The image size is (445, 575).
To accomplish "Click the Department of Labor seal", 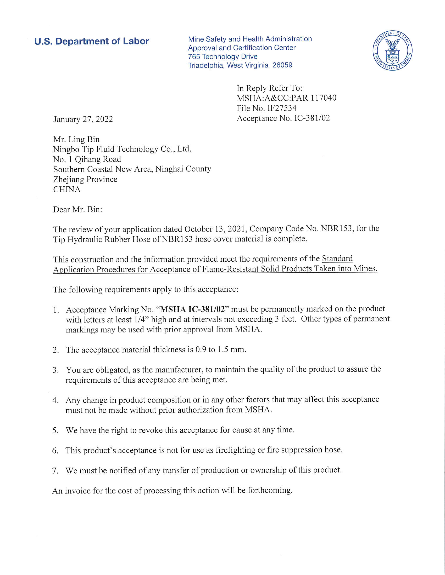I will pyautogui.click(x=393, y=50).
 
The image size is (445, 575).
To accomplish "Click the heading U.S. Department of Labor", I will pyautogui.click(x=92, y=41).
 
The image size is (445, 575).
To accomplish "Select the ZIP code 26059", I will pyautogui.click(x=282, y=65).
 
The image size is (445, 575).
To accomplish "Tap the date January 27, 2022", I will pyautogui.click(x=83, y=119).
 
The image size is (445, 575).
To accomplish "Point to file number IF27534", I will pyautogui.click(x=282, y=108).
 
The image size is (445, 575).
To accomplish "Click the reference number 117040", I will pyautogui.click(x=323, y=98).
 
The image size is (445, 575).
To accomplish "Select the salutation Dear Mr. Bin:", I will pyautogui.click(x=77, y=210).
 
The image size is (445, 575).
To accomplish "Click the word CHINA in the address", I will pyautogui.click(x=67, y=189).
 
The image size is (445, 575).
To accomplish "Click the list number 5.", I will pyautogui.click(x=55, y=430).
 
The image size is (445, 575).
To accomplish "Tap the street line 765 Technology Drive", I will pyautogui.click(x=222, y=56).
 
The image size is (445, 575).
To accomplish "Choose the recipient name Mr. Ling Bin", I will pyautogui.click(x=76, y=139).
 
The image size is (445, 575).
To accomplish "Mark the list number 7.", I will pyautogui.click(x=55, y=471).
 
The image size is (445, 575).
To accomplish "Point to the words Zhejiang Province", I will pyautogui.click(x=85, y=179).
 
